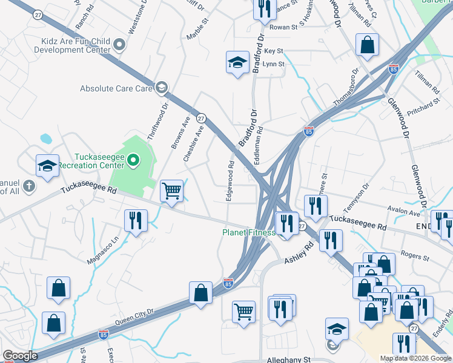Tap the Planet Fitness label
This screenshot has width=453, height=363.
(x=248, y=232)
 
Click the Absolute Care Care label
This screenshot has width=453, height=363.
(x=116, y=88)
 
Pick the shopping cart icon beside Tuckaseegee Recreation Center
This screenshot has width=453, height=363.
(x=172, y=191)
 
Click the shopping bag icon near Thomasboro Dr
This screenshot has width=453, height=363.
(x=367, y=44)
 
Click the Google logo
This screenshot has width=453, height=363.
(x=20, y=356)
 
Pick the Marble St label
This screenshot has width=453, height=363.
(x=198, y=28)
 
